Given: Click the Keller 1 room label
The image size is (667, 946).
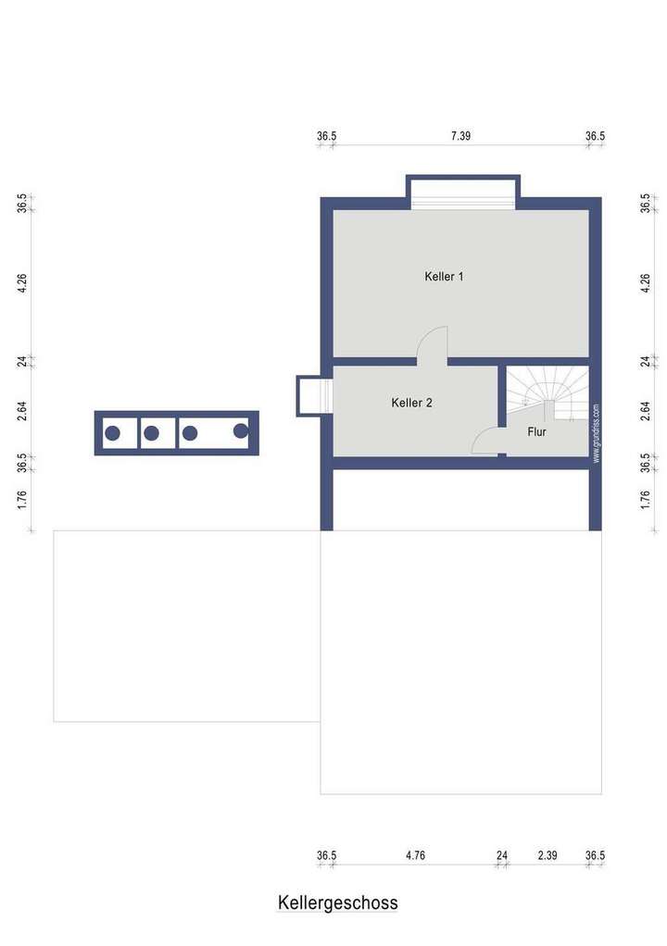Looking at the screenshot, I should tap(444, 277).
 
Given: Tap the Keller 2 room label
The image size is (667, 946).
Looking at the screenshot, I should tap(411, 403).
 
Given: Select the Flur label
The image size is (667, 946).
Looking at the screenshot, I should tap(537, 431).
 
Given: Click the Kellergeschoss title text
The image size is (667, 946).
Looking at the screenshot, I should tap(337, 902).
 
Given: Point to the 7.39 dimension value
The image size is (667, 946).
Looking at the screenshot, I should tap(460, 136).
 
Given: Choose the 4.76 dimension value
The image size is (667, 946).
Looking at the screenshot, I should tap(415, 856).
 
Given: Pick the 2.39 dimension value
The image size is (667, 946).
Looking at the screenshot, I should tap(547, 856).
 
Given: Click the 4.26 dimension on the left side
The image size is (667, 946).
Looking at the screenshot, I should tap(22, 283).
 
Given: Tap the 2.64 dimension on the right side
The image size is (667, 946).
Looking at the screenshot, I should tap(646, 410).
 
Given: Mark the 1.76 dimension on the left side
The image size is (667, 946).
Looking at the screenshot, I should tap(22, 500).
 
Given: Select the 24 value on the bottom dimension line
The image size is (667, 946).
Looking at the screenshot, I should tap(502, 856).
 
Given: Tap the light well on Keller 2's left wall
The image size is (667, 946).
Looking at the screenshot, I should tap(313, 395).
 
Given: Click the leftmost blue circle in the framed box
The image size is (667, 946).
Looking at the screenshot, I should tap(112, 432).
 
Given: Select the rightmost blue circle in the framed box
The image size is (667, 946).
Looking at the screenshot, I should tap(241, 430).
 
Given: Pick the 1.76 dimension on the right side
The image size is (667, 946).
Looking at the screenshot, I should tap(646, 500).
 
